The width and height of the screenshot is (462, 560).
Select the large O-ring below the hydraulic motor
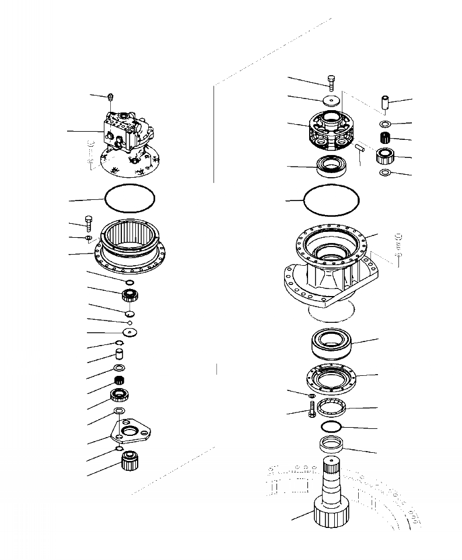tap(129, 198)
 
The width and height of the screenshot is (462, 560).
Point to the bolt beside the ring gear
tap(87, 223)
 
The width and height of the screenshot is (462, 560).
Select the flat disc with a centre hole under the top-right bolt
tap(331, 101)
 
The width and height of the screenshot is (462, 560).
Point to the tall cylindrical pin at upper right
tap(386, 103)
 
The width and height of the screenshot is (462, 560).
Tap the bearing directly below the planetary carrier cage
tap(332, 166)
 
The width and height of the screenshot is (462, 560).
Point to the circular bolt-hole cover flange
tap(332, 379)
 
